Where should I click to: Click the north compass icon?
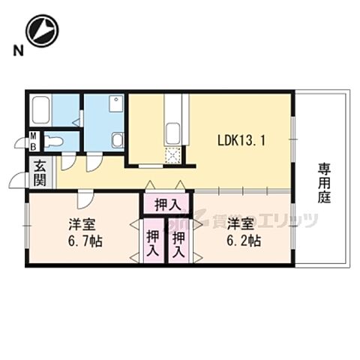tap(40, 31)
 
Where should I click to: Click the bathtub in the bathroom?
tap(40, 111)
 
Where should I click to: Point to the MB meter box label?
tap(34, 141)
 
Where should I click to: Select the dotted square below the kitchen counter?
tap(172, 154)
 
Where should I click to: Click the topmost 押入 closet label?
tap(166, 204)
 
